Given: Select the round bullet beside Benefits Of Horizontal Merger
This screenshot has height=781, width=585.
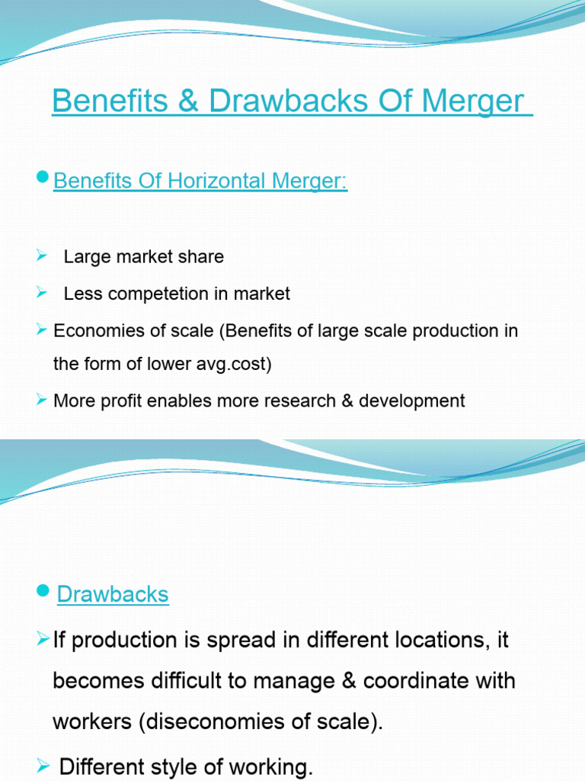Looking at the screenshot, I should click(43, 178).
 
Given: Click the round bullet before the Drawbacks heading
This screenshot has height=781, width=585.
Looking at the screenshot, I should click(43, 590).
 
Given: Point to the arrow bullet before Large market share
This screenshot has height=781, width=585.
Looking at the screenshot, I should click(43, 256).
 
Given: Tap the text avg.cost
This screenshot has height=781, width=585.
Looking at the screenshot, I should click(237, 365).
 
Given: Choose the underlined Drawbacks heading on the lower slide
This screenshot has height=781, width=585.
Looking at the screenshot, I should click(113, 595).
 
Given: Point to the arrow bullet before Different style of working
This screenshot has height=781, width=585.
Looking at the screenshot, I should click(43, 765).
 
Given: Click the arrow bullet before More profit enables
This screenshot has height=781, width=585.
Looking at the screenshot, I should click(43, 400).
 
